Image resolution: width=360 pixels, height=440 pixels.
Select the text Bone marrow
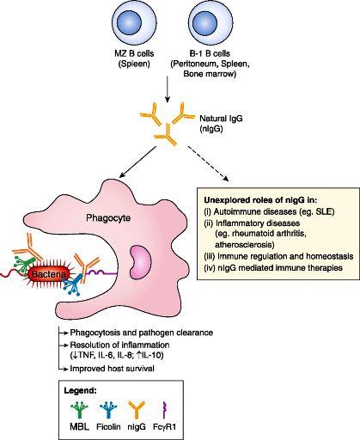point(210,74)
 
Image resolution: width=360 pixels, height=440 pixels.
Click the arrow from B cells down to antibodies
point(168,89)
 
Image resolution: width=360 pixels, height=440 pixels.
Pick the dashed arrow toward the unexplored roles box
point(208,163)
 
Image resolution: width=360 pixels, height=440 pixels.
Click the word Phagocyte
point(108,218)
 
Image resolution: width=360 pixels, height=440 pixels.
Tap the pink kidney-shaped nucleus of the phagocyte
point(140,262)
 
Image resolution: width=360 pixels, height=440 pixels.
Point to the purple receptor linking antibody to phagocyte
point(101,272)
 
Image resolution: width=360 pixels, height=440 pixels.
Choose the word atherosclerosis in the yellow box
point(245,245)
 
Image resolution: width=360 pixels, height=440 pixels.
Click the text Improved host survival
point(112,369)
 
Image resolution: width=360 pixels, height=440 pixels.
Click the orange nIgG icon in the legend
point(137,410)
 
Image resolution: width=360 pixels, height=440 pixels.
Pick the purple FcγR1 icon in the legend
point(164,410)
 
